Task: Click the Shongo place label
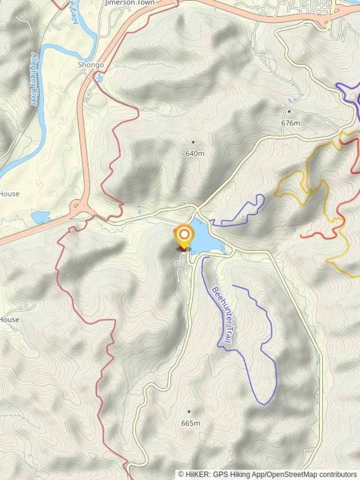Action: pos(91,65)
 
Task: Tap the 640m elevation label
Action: pos(195,153)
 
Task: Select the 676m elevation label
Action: pos(291,123)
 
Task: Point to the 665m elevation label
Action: pos(190,423)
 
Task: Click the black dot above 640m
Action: pos(193,142)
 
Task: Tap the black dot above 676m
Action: pos(289,112)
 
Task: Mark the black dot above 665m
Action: pos(189,412)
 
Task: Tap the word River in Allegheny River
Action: pos(34,95)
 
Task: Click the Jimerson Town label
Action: pos(130,3)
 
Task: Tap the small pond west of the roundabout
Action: pos(41,217)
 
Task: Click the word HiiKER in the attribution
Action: pos(196,475)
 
